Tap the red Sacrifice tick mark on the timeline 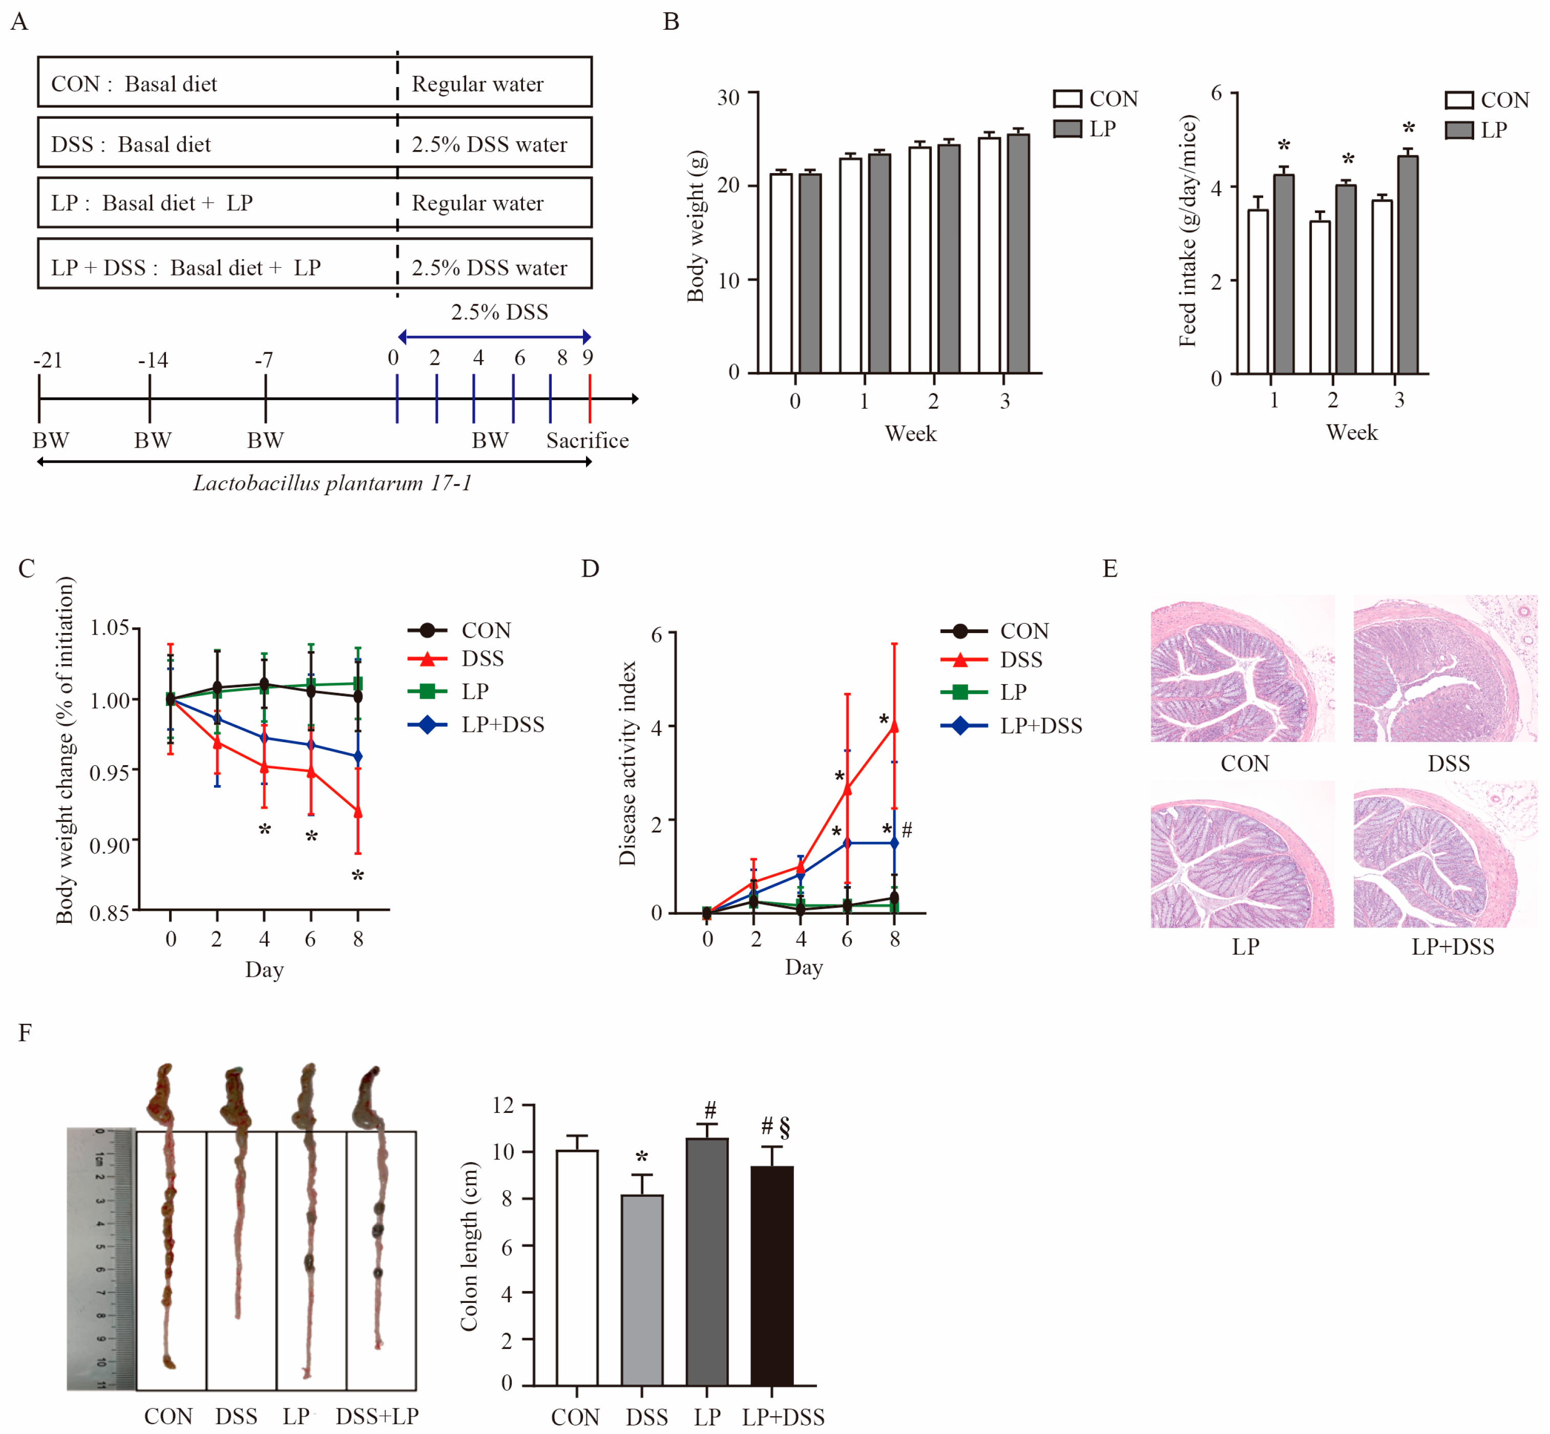tap(590, 398)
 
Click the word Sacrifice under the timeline tap(587, 441)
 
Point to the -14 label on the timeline tap(153, 360)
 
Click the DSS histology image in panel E tap(1444, 668)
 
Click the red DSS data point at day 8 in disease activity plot tap(894, 726)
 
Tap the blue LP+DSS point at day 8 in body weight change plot tap(358, 756)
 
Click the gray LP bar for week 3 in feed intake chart tap(1407, 265)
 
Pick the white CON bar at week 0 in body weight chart tap(781, 272)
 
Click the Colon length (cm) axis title tap(469, 1246)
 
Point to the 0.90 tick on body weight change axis tap(110, 844)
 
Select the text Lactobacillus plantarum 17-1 tap(332, 483)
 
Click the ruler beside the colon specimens tap(101, 1257)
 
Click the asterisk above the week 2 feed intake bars tap(1348, 160)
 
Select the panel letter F tap(25, 1033)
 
